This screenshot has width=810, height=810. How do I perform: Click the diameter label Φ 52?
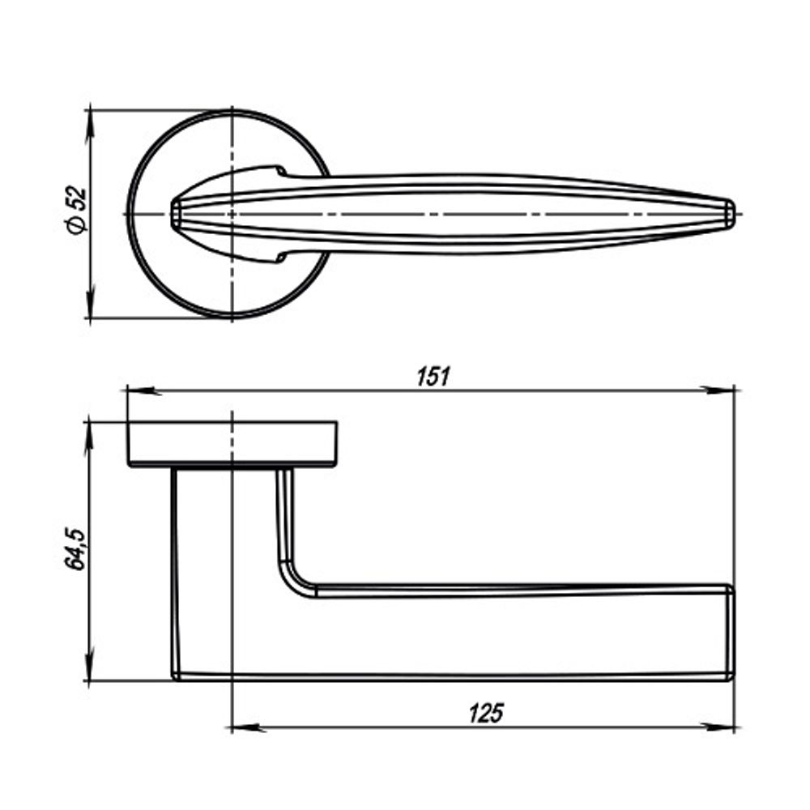click(x=75, y=212)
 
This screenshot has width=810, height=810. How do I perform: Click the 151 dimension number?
click(x=433, y=377)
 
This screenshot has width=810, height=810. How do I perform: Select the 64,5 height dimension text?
click(x=75, y=548)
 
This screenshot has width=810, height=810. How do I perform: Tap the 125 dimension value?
click(x=485, y=714)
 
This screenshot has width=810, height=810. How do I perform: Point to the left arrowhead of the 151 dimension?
click(x=138, y=390)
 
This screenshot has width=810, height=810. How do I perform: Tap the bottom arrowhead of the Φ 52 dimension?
click(x=91, y=308)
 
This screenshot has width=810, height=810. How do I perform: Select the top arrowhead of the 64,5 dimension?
click(x=91, y=433)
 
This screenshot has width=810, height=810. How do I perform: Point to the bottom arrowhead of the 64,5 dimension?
click(x=91, y=669)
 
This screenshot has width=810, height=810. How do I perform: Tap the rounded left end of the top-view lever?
click(x=173, y=213)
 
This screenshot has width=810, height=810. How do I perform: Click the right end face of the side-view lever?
click(x=731, y=632)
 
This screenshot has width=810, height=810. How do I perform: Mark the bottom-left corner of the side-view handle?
click(x=177, y=676)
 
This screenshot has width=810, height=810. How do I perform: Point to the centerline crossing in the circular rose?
click(x=232, y=214)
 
